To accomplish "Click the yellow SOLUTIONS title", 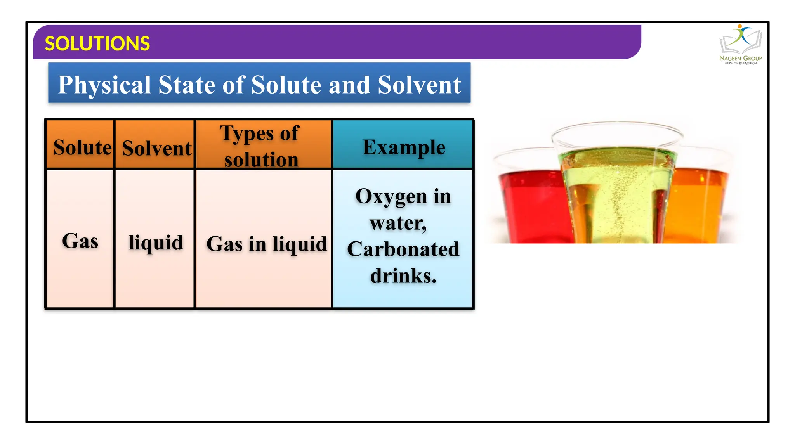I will pyautogui.click(x=97, y=43).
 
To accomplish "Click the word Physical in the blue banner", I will pyautogui.click(x=104, y=85).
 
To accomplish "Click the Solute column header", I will pyautogui.click(x=82, y=147).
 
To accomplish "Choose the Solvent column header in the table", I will pyautogui.click(x=156, y=148).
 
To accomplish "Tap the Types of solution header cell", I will pyautogui.click(x=261, y=146).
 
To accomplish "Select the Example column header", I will pyautogui.click(x=404, y=147).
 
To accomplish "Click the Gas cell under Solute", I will pyautogui.click(x=80, y=241).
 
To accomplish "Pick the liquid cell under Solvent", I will pyautogui.click(x=156, y=243).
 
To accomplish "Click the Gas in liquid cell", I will pyautogui.click(x=266, y=244).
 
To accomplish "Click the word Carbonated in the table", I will pyautogui.click(x=403, y=249).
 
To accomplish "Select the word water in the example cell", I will pyautogui.click(x=397, y=223).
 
